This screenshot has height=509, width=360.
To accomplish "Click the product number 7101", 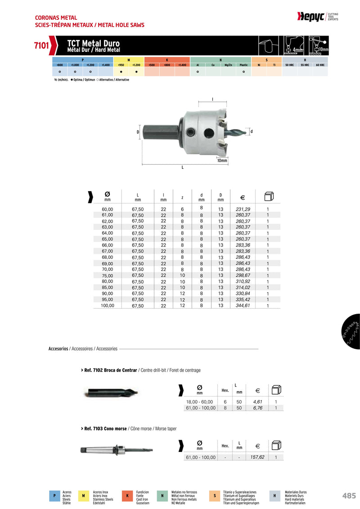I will point(41,45).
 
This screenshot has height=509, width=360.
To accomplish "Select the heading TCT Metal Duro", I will point(93,43).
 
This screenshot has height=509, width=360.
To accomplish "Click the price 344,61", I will point(243,305).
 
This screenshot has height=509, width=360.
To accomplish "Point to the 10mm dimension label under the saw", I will point(222,161).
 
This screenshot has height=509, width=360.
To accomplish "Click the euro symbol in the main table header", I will point(243,197).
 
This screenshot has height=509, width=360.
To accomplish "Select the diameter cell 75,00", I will point(108,275).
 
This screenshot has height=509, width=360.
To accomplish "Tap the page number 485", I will point(349,495).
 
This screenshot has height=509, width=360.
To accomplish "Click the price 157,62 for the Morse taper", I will point(257,457).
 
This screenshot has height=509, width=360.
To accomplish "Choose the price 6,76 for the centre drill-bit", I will point(257,408).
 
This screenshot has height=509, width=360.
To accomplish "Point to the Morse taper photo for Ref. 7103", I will point(116,450).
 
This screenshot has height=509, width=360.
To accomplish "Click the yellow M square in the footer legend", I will point(84,495).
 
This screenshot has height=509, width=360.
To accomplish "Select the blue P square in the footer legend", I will point(54,495).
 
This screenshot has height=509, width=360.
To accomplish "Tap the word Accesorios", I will point(58,349).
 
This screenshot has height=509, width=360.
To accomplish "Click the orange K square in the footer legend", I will point(127,495).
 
